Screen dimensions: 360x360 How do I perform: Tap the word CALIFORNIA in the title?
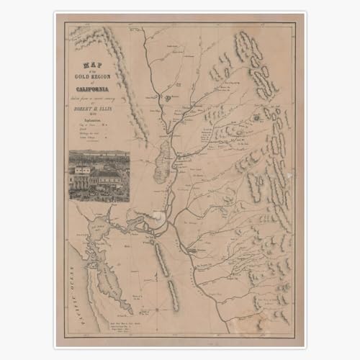96,89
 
